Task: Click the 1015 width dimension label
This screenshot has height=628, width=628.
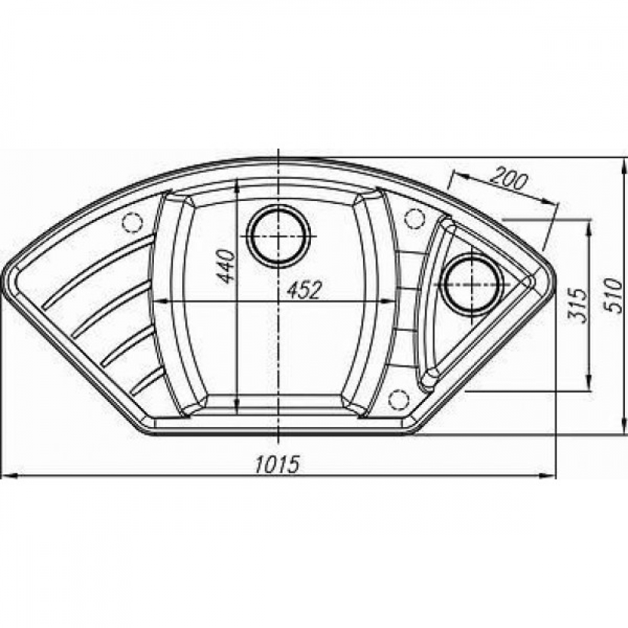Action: click(x=277, y=465)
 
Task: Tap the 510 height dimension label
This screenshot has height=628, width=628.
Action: click(x=613, y=296)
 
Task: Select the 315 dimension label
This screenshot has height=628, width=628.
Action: click(x=578, y=305)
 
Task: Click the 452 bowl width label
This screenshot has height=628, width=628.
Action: click(x=304, y=290)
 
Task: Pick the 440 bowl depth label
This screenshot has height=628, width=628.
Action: click(x=225, y=266)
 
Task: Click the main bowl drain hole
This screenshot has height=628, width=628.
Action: click(x=278, y=236)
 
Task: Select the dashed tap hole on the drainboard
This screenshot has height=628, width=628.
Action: click(x=133, y=222)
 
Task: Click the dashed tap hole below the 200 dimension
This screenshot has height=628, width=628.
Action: click(x=414, y=219)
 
